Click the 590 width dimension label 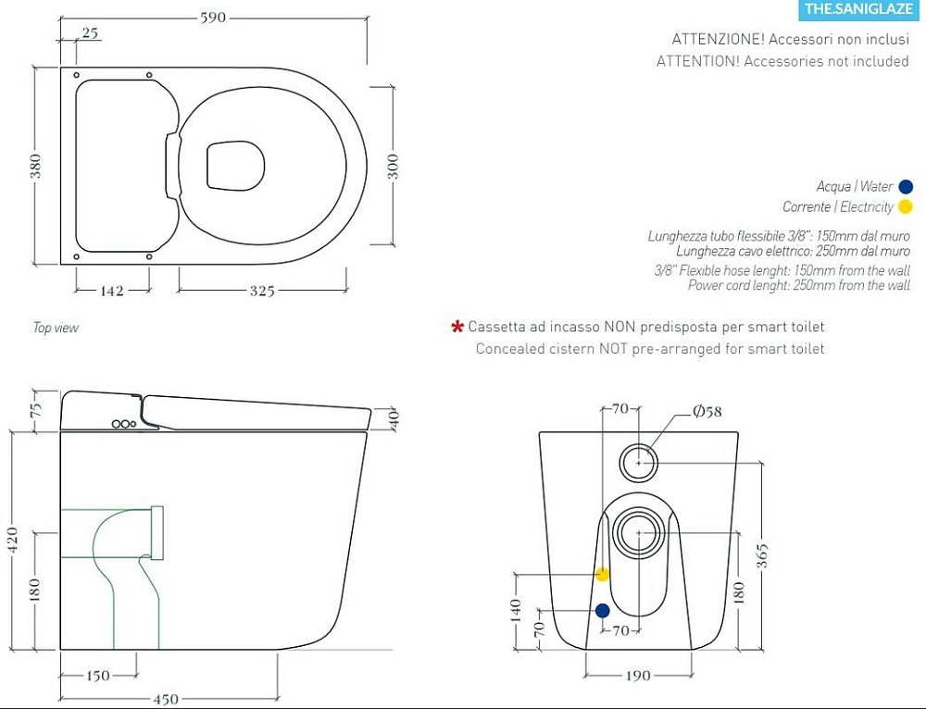pyautogui.click(x=213, y=18)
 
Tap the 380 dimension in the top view pyautogui.click(x=36, y=166)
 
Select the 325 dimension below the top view pyautogui.click(x=262, y=291)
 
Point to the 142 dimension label pyautogui.click(x=112, y=291)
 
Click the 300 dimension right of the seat pyautogui.click(x=394, y=167)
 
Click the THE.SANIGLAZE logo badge pyautogui.click(x=859, y=9)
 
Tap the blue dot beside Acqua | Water pyautogui.click(x=906, y=187)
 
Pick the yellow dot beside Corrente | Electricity pyautogui.click(x=905, y=206)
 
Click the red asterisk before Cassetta pyautogui.click(x=457, y=327)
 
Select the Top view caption pyautogui.click(x=56, y=328)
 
